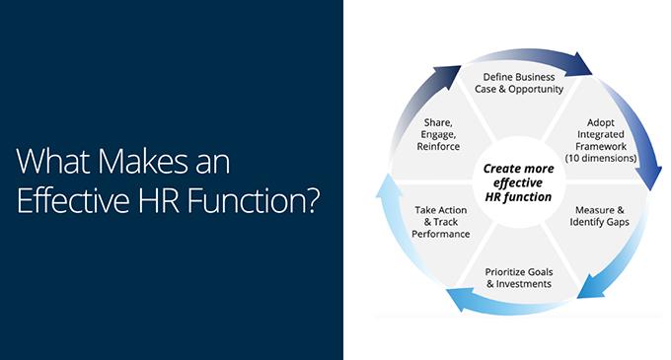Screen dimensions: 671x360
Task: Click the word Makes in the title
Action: coord(142,161)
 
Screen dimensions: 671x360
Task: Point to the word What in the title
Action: coord(53,161)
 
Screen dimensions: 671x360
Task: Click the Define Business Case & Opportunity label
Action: coord(519,83)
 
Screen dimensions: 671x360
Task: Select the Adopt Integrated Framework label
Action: coord(600,134)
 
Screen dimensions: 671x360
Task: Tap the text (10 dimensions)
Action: coord(601,158)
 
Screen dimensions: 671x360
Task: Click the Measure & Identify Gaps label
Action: coord(599,216)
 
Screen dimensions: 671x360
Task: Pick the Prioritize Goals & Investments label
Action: coord(519,278)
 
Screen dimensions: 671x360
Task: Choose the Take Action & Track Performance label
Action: coord(441,222)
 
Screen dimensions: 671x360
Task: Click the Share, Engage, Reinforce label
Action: coord(438,134)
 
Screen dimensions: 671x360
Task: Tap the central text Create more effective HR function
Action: coord(518,182)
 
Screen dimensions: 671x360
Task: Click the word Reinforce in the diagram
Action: coord(438,146)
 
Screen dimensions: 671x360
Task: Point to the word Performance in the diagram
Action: coord(441,234)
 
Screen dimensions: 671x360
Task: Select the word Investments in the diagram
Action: coord(523,284)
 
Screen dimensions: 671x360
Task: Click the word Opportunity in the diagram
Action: coord(536,90)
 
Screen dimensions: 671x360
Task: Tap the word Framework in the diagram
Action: coord(601,146)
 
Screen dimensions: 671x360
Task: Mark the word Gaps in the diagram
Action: coord(619,222)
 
